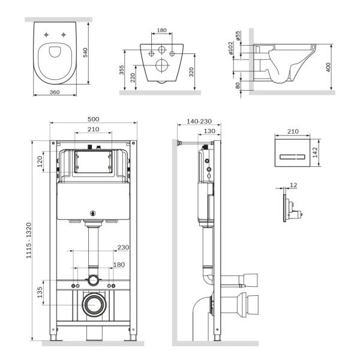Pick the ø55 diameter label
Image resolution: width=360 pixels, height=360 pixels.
point(238,37)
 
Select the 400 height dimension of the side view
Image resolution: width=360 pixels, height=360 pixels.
point(328,67)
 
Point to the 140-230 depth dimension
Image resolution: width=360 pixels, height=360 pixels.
point(194,121)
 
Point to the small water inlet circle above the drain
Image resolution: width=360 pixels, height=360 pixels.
point(93,280)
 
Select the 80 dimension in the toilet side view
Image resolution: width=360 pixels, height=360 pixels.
point(238,86)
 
